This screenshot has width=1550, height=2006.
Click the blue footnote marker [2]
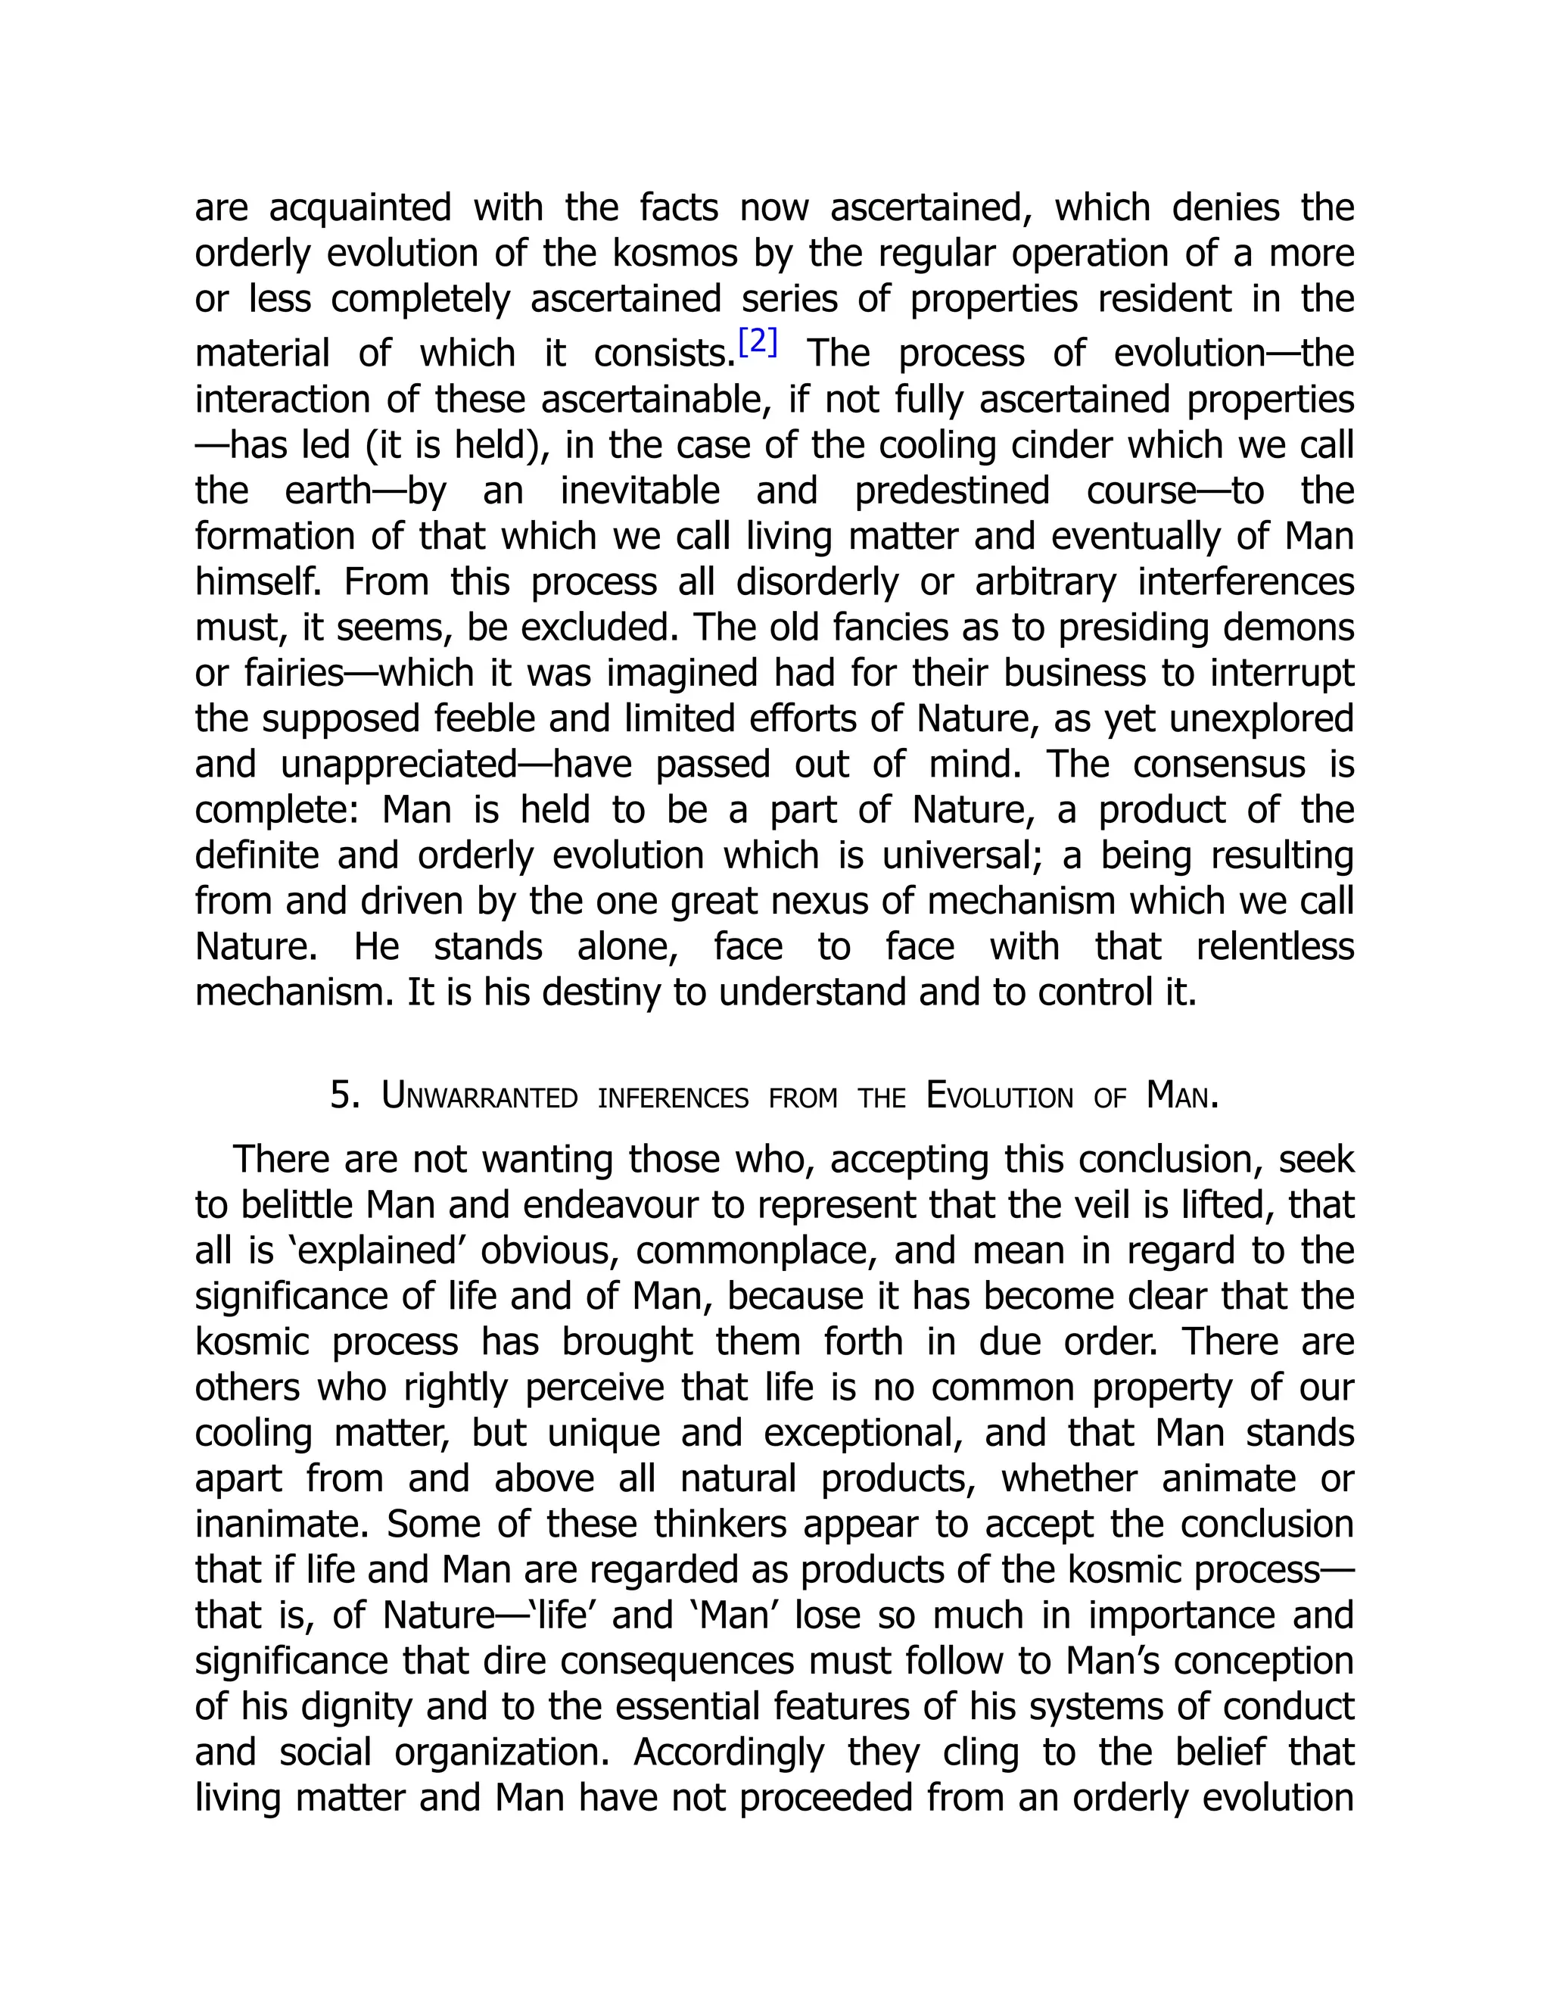click(758, 341)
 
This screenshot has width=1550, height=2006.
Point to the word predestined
click(951, 491)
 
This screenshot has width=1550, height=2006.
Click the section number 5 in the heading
click(344, 1096)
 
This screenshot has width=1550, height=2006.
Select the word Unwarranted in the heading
click(479, 1096)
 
